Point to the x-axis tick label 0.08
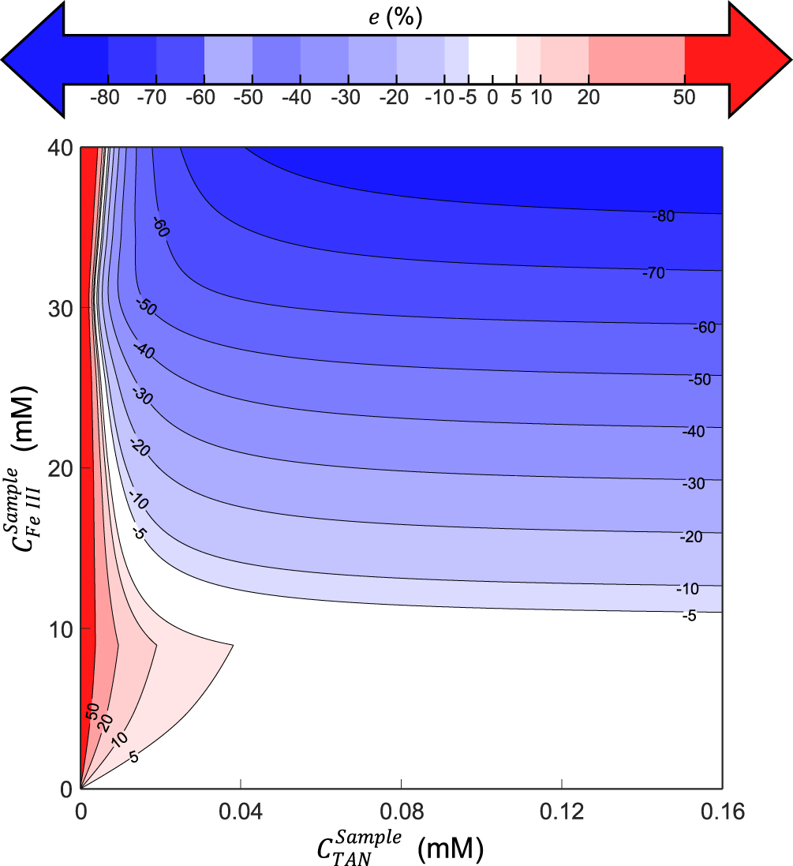pyautogui.click(x=401, y=812)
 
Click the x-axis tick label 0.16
pyautogui.click(x=722, y=812)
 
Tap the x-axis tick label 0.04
pyautogui.click(x=241, y=812)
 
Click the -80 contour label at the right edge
pyautogui.click(x=663, y=216)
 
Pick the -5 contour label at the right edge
pyautogui.click(x=688, y=616)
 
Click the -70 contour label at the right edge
pyautogui.click(x=653, y=273)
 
